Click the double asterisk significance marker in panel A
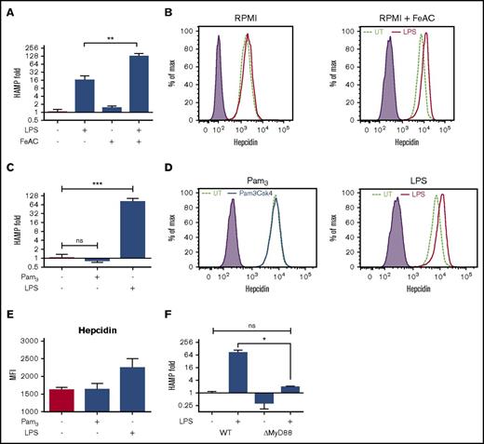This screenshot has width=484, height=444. (x=112, y=42)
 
